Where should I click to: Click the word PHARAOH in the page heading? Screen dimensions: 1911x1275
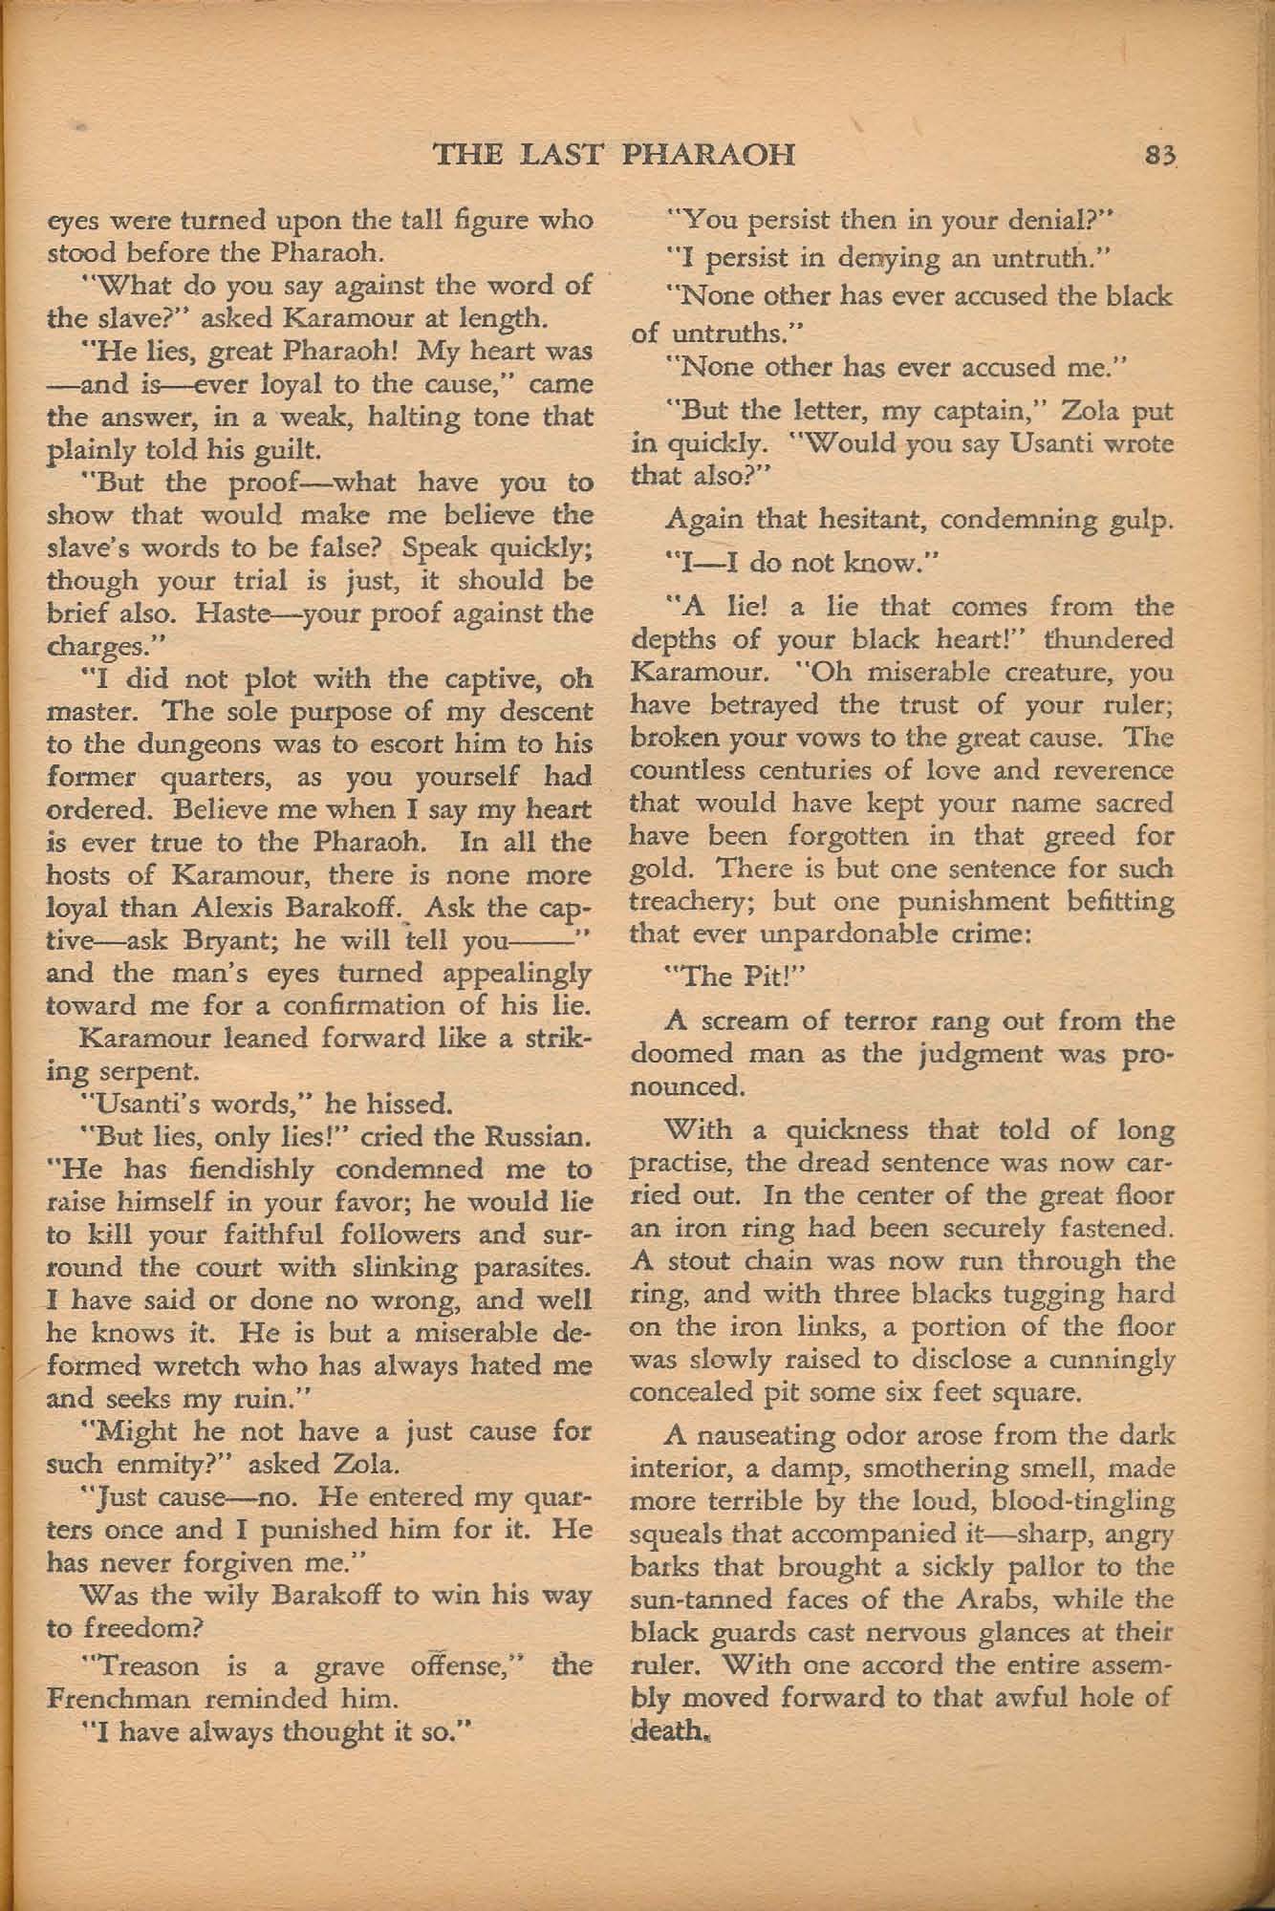[708, 154]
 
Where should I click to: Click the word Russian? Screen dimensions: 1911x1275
[540, 1136]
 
